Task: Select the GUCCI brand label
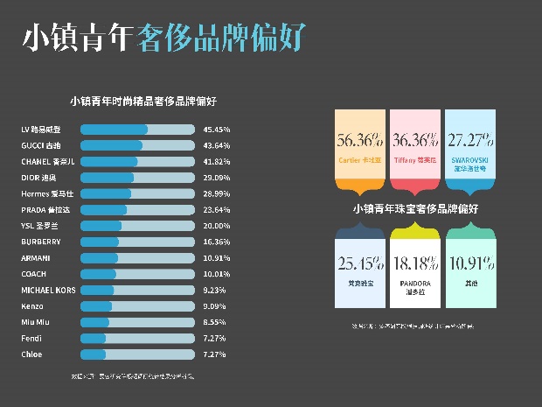click(x=41, y=145)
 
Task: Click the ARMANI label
click(x=36, y=258)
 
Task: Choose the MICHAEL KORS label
click(x=49, y=290)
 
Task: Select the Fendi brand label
click(x=31, y=339)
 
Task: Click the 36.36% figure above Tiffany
click(x=415, y=140)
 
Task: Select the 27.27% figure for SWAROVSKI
click(x=470, y=140)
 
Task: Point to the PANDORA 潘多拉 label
click(x=415, y=287)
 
